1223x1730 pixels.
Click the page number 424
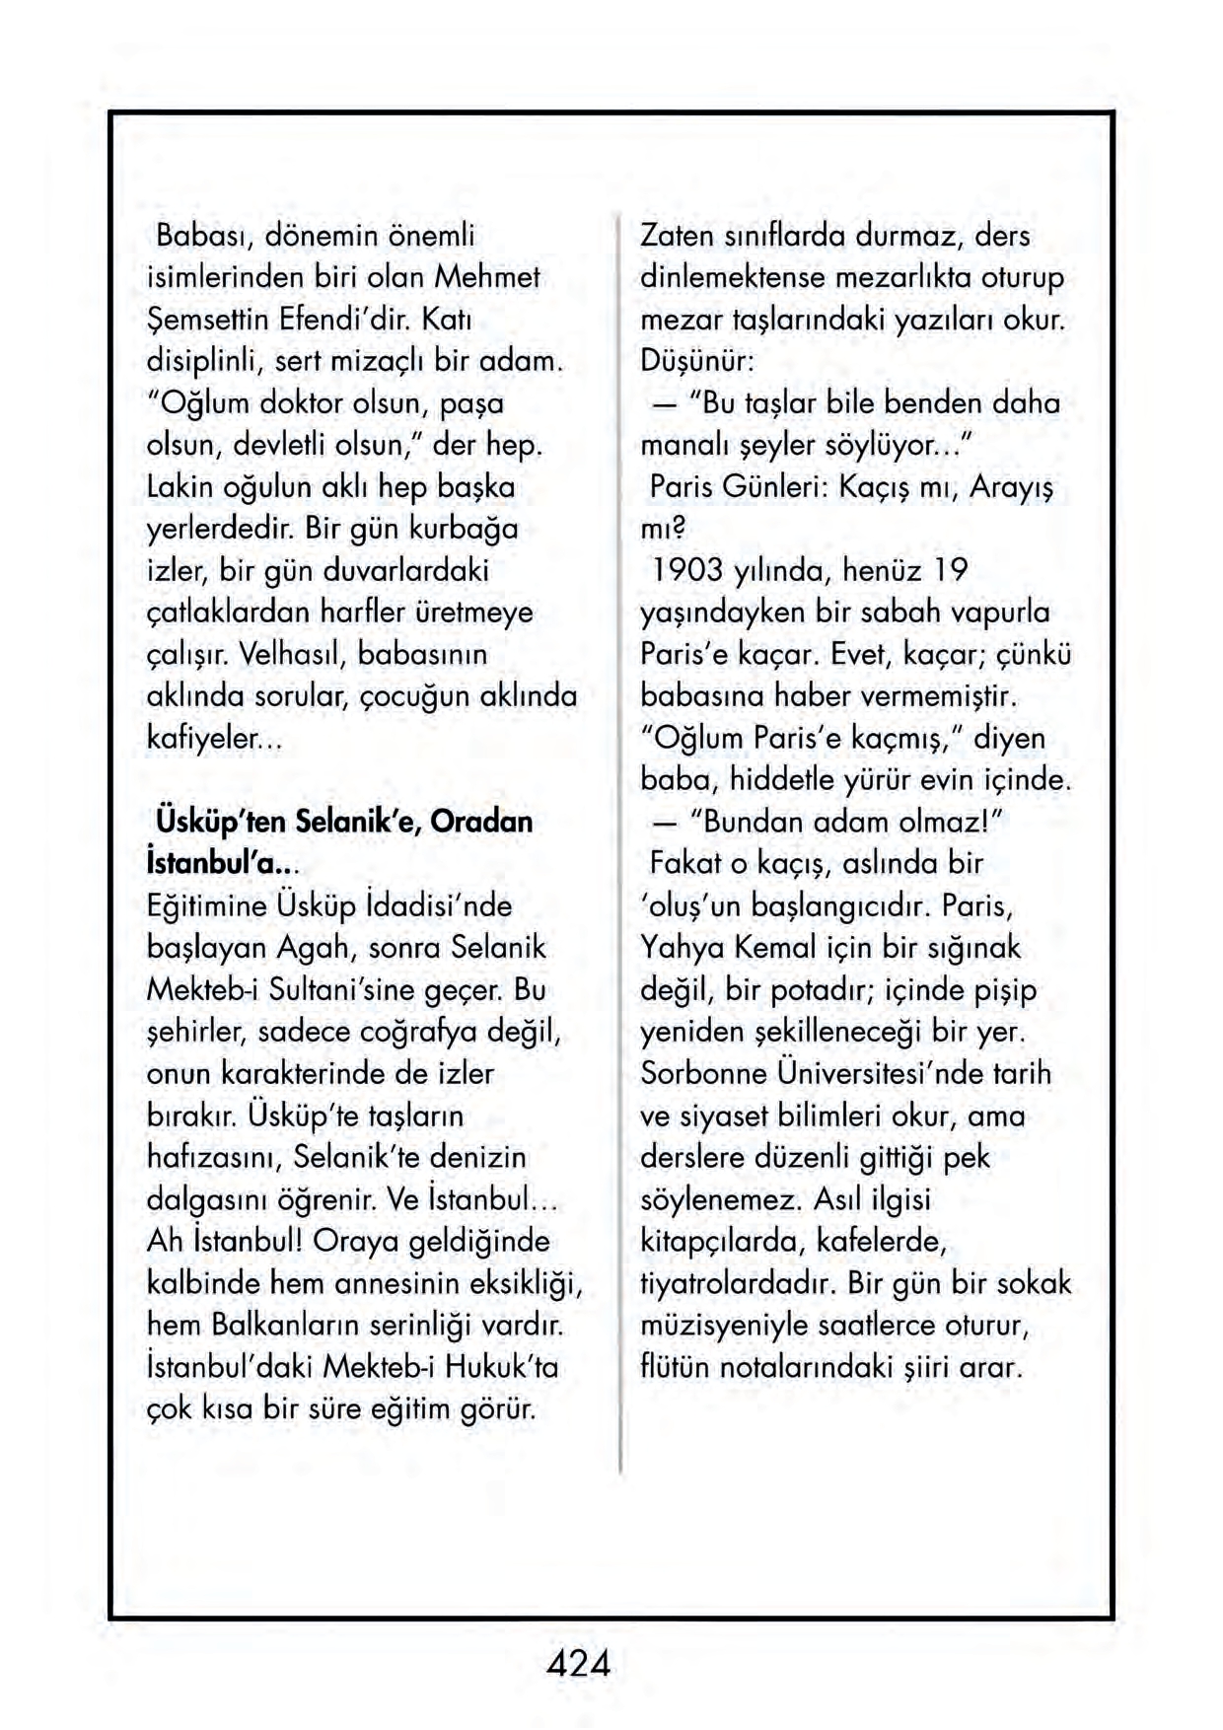[579, 1664]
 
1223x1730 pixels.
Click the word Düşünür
[696, 361]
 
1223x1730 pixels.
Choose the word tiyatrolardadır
[740, 1282]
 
